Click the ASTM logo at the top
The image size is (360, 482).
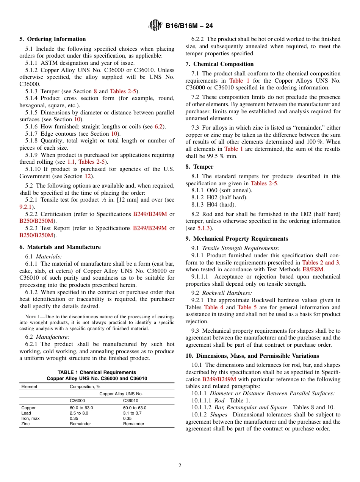[155, 25]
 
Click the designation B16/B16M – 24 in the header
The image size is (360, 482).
[189, 26]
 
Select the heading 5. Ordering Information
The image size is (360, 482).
[53, 39]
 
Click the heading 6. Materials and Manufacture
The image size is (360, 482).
[60, 247]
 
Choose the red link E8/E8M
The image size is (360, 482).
[313, 269]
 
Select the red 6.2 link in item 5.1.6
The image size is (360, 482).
[159, 127]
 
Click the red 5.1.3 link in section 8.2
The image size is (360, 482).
[204, 228]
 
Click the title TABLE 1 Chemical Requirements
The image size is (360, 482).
[97, 372]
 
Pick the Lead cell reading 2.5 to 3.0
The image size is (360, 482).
[79, 413]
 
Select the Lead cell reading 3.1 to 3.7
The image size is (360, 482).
[132, 413]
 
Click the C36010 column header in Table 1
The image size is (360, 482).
[131, 401]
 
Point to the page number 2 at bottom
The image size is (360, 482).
[180, 466]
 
